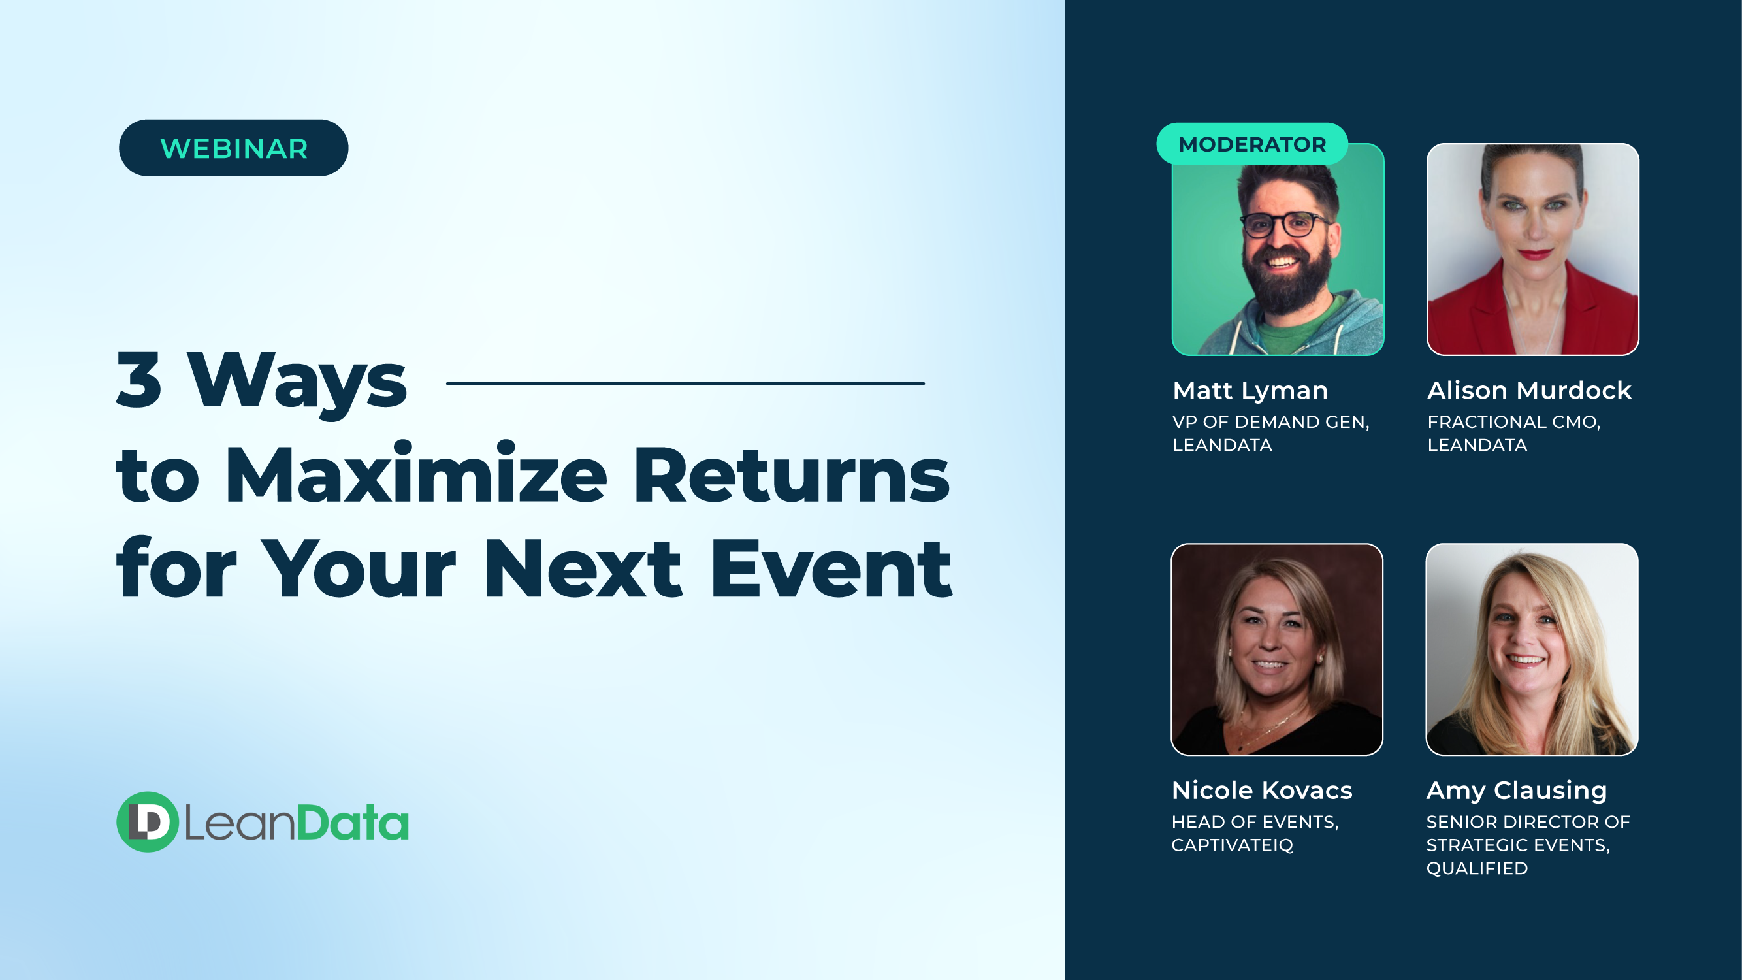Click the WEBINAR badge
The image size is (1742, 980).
[x=233, y=148]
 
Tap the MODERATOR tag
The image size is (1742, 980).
[x=1251, y=144]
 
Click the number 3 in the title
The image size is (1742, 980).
[x=139, y=380]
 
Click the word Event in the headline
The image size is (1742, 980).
[x=831, y=570]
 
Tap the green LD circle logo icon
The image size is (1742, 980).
[x=148, y=822]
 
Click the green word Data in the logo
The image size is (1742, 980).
[x=352, y=823]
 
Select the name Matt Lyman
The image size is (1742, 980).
[x=1250, y=390]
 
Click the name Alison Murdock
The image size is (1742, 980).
[x=1529, y=390]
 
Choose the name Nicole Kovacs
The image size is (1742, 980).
[x=1261, y=790]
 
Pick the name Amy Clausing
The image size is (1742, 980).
[x=1516, y=790]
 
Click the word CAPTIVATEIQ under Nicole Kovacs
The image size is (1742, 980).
[x=1231, y=845]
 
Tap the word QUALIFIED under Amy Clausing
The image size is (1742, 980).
[x=1477, y=868]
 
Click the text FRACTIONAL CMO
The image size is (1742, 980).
[x=1513, y=421]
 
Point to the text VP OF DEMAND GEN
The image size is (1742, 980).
[x=1270, y=421]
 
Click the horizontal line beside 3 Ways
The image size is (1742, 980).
[x=685, y=384]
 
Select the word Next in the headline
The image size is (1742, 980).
[x=582, y=570]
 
